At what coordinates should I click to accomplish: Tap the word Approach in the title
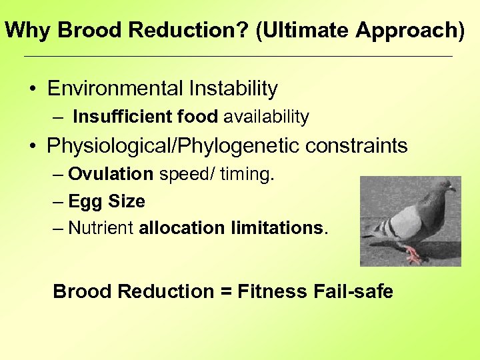click(x=404, y=30)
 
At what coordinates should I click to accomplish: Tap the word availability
click(x=266, y=117)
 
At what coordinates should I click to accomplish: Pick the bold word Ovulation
click(x=111, y=175)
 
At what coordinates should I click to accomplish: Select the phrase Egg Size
click(x=107, y=201)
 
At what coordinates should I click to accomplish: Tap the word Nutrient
click(x=101, y=228)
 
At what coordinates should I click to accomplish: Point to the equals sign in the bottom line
click(x=225, y=292)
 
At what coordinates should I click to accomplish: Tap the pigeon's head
click(x=443, y=189)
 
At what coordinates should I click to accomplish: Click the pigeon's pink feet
click(x=415, y=254)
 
